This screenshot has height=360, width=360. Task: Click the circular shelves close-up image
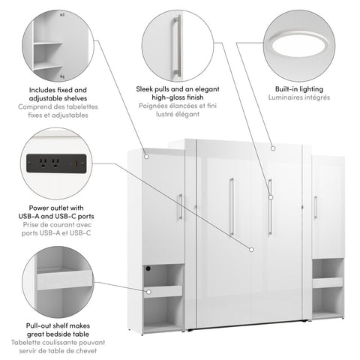click(58, 41)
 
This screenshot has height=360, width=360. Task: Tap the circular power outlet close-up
click(58, 163)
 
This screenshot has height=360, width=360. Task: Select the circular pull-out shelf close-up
click(58, 283)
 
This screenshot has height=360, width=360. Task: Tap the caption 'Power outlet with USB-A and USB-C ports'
click(58, 213)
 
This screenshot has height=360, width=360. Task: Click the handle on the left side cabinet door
click(180, 206)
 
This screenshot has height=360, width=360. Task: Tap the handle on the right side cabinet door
click(316, 207)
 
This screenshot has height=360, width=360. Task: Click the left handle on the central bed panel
click(232, 206)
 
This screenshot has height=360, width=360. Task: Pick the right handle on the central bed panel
click(269, 206)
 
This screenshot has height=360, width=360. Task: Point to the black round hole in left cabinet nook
click(148, 268)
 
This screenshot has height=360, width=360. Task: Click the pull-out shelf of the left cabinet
click(163, 291)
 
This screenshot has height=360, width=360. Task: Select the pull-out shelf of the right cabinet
click(328, 283)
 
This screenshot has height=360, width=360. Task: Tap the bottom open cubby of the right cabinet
click(328, 301)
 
